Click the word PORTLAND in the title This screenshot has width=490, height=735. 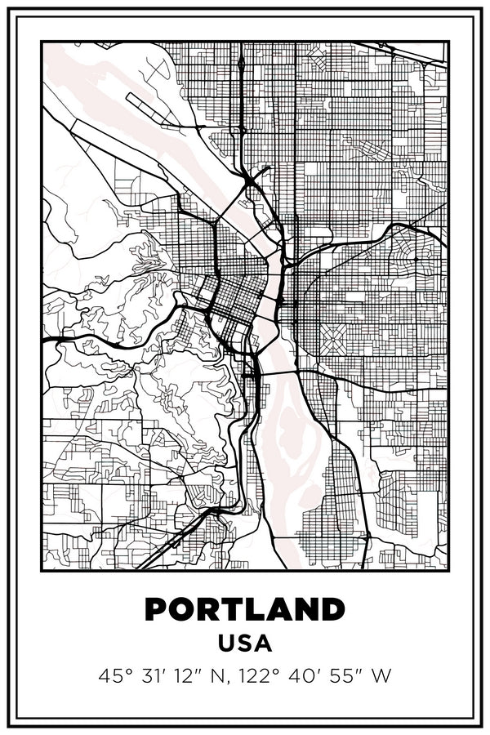point(245,610)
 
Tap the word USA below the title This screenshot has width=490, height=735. point(245,644)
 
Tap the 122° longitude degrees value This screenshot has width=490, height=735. point(257,676)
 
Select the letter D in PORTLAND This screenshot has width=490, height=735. point(332,610)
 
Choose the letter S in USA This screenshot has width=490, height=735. point(245,644)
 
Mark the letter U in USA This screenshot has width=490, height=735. point(227,644)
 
